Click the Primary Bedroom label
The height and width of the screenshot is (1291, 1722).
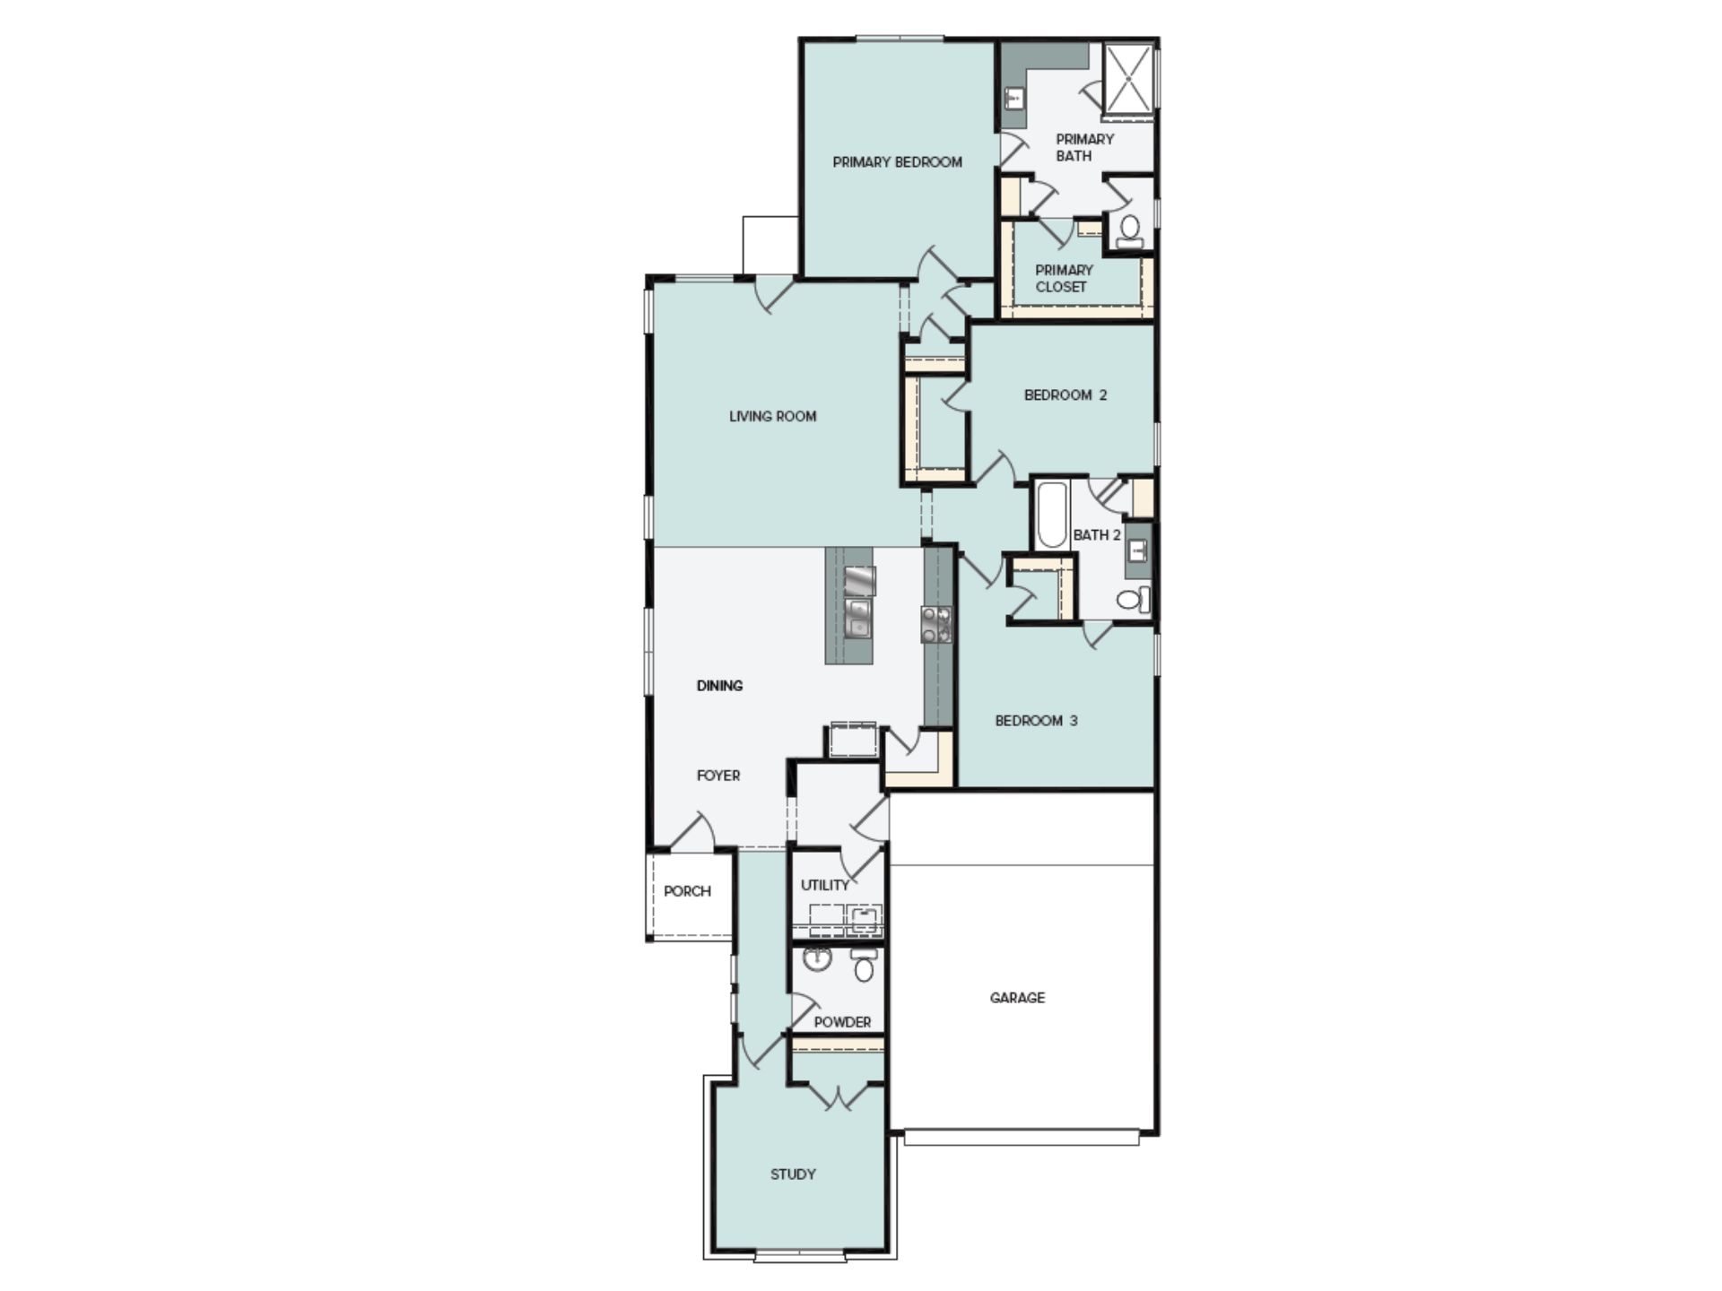[x=897, y=162]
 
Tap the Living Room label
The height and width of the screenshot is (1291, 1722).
[x=772, y=416]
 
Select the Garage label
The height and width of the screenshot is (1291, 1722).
[x=1017, y=998]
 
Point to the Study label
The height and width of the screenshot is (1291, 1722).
[x=793, y=1174]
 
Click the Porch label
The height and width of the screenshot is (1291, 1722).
[x=687, y=891]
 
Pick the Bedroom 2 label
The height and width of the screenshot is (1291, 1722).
[x=1065, y=395]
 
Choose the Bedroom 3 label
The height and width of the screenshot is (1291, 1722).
[x=1036, y=721]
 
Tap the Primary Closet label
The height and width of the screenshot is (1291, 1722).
[x=1064, y=278]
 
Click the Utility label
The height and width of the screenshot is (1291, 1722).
[x=824, y=886]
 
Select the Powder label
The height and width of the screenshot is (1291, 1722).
[x=842, y=1022]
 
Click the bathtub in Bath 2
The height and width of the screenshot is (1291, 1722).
[x=1052, y=516]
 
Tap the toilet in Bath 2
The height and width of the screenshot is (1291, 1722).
[x=1134, y=599]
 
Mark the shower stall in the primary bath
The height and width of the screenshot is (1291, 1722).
[x=1128, y=81]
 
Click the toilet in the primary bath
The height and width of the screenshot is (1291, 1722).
[x=1130, y=231]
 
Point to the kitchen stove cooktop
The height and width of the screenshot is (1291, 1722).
[x=936, y=624]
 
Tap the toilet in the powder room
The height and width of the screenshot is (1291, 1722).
[x=865, y=965]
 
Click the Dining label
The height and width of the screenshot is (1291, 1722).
[x=719, y=686]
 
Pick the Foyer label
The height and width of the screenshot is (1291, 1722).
[x=718, y=775]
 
